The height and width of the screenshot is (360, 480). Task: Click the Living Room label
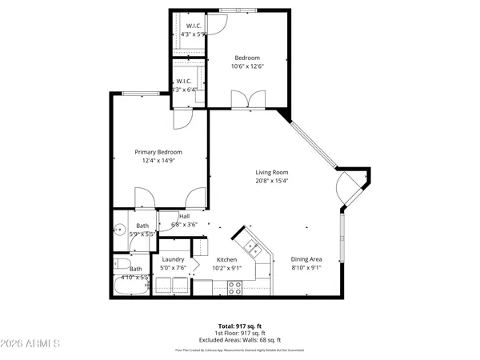[271, 172]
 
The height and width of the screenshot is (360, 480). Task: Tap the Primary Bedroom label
[158, 152]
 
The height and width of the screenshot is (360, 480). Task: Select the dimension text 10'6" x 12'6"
[247, 66]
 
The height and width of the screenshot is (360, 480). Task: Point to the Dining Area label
[306, 259]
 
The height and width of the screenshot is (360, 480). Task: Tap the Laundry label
[174, 260]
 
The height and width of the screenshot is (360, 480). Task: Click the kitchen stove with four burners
[235, 288]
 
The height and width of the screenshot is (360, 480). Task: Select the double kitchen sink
[250, 246]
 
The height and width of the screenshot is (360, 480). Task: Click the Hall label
[184, 216]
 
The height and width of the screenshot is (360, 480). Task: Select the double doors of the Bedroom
[246, 99]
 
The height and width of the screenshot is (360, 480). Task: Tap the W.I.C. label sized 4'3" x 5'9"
[193, 30]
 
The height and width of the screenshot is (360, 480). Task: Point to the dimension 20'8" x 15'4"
[271, 182]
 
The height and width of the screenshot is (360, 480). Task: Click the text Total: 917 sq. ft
[240, 326]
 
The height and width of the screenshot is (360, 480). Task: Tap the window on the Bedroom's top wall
[234, 10]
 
